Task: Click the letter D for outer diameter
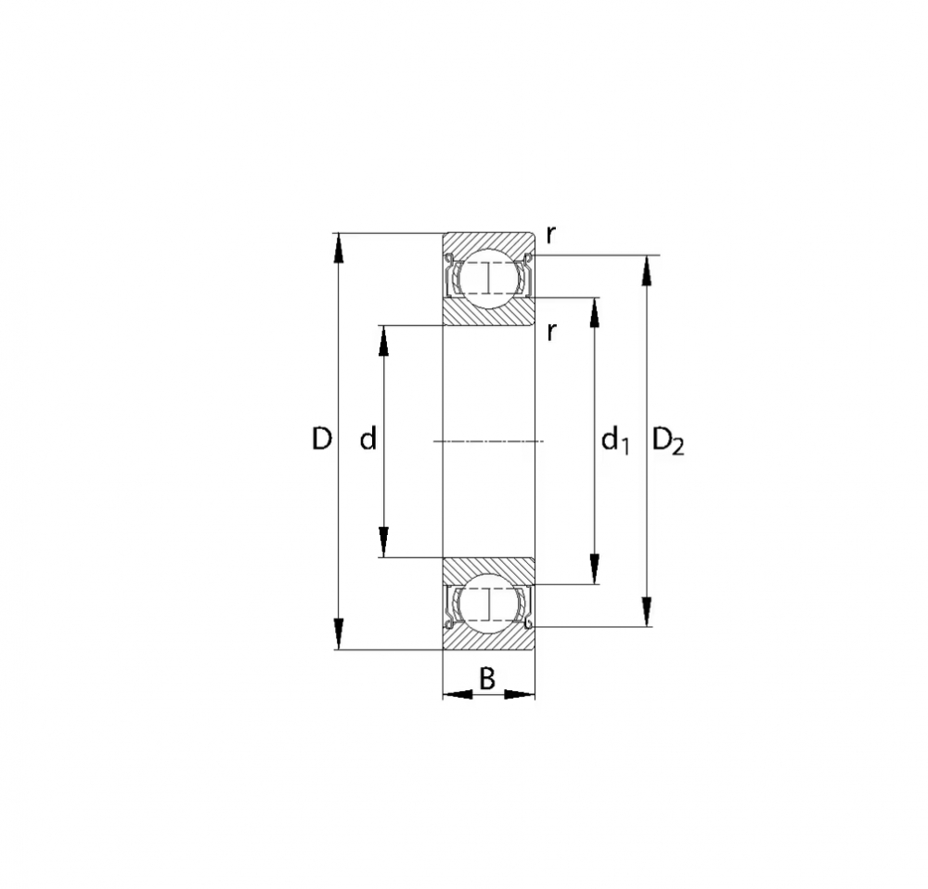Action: (321, 438)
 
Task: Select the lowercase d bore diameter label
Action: (368, 438)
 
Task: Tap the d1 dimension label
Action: (615, 441)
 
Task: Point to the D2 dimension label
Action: (668, 441)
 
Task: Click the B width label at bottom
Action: (486, 679)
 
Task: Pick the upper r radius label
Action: (551, 236)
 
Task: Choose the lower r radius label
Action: (551, 333)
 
